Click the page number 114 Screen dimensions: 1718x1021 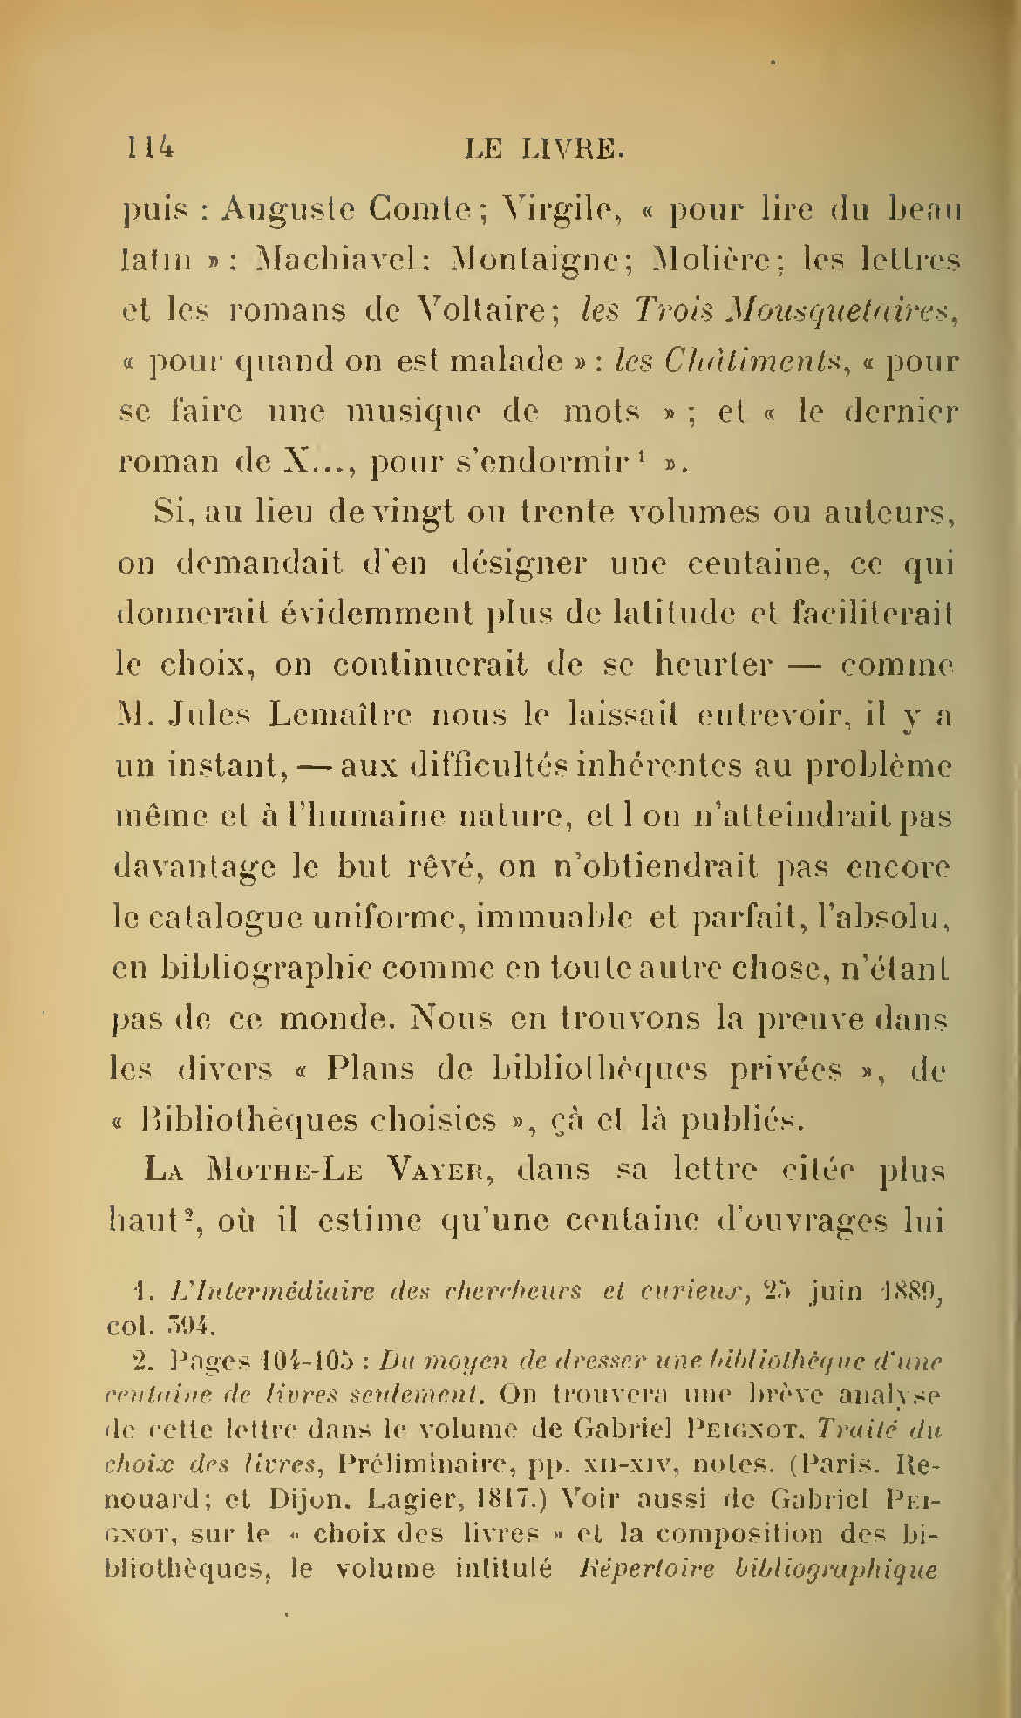(148, 148)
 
